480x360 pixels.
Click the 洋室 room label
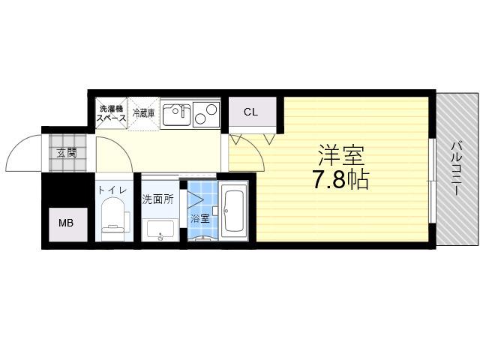[x=342, y=154]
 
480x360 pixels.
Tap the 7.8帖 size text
[x=340, y=180]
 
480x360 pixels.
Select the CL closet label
[x=250, y=112]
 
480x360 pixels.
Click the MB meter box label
[x=66, y=223]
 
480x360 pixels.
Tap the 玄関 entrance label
[x=67, y=152]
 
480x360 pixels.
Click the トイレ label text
[x=112, y=190]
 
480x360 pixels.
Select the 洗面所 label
[x=157, y=199]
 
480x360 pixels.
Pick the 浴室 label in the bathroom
[x=200, y=218]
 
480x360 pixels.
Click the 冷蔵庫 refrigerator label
[x=143, y=113]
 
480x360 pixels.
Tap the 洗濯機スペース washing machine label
[x=112, y=113]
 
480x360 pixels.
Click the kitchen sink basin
[x=176, y=115]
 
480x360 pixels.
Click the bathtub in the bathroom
[x=235, y=211]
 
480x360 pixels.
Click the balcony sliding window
[x=432, y=181]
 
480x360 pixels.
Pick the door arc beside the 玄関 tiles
[x=122, y=146]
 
